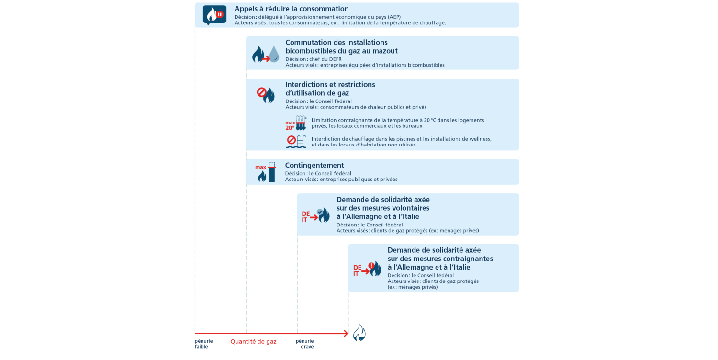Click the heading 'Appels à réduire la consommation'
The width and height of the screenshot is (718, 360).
291,9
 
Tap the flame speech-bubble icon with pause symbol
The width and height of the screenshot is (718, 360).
214,15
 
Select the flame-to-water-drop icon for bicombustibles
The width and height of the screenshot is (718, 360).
266,54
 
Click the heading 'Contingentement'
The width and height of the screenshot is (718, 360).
314,165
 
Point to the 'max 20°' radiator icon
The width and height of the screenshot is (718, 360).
296,124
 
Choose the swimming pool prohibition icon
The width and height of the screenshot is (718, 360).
296,142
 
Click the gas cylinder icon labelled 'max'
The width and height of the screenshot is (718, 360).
267,172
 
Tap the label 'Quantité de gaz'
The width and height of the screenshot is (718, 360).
253,342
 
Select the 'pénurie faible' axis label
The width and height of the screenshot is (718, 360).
203,344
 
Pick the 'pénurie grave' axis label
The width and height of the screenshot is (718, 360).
305,344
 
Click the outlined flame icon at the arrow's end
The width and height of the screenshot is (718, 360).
359,333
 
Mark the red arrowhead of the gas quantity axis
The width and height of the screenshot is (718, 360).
345,333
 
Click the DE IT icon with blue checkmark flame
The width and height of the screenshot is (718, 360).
315,216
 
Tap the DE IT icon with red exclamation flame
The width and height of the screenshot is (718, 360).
367,270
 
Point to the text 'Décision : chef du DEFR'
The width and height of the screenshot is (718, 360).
314,59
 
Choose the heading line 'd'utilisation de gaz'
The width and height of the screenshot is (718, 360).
317,93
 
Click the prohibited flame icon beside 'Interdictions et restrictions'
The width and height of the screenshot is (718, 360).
266,94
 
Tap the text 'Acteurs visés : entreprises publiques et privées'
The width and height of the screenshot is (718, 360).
341,180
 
